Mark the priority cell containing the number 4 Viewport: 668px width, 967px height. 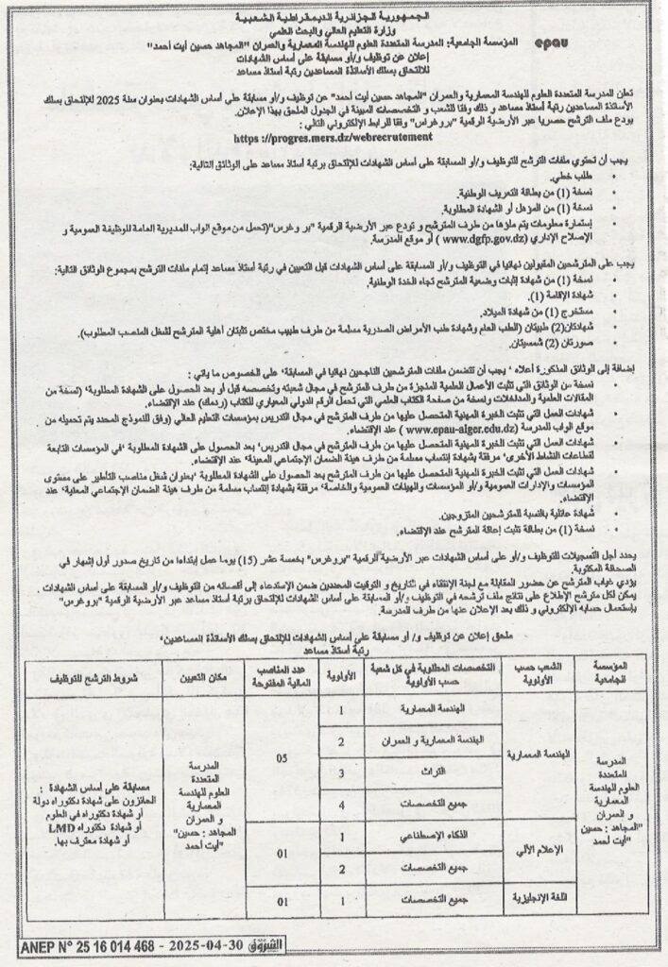pyautogui.click(x=339, y=803)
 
